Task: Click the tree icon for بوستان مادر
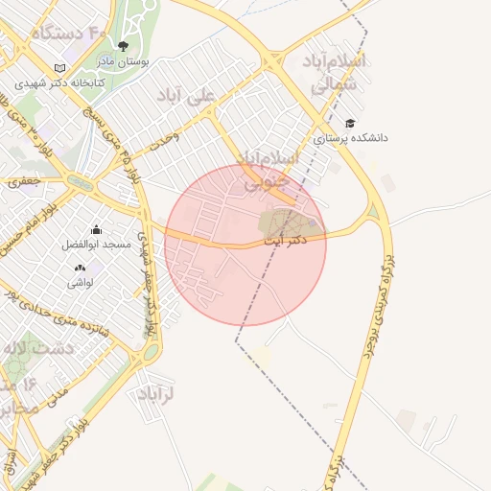click(x=122, y=45)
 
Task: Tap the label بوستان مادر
click(x=122, y=60)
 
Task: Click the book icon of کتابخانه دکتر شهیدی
click(x=60, y=69)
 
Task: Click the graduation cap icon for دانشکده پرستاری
click(x=350, y=123)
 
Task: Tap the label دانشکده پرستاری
click(x=356, y=138)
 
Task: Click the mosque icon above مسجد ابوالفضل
click(x=96, y=230)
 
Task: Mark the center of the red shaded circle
click(x=245, y=245)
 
